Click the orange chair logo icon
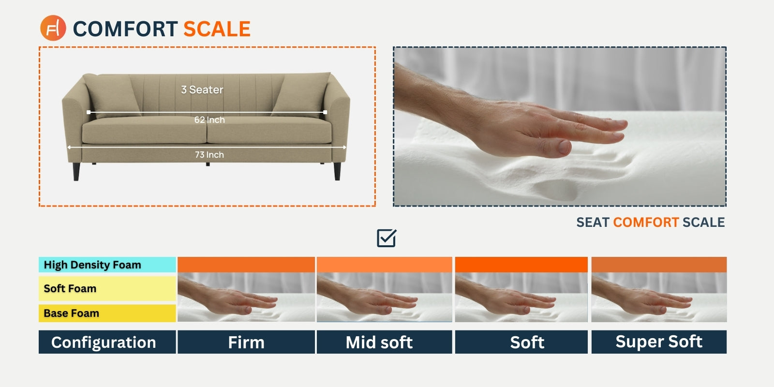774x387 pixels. pyautogui.click(x=53, y=28)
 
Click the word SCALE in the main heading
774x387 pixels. pyautogui.click(x=217, y=29)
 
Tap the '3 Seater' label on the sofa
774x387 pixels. pyautogui.click(x=202, y=90)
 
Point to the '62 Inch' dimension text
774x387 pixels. pyautogui.click(x=209, y=119)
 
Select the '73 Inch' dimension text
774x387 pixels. pyautogui.click(x=209, y=154)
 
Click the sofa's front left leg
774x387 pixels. pyautogui.click(x=76, y=171)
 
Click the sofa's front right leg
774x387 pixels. pyautogui.click(x=337, y=171)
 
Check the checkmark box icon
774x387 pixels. pyautogui.click(x=387, y=238)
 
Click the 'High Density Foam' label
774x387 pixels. pyautogui.click(x=92, y=265)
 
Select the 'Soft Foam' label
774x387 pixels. pyautogui.click(x=70, y=288)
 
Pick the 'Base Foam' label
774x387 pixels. pyautogui.click(x=71, y=313)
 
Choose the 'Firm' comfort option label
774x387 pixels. pyautogui.click(x=246, y=342)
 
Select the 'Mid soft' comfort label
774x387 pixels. pyautogui.click(x=379, y=342)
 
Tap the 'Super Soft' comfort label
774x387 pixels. pyautogui.click(x=658, y=342)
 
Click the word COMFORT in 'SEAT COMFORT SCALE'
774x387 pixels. pyautogui.click(x=646, y=222)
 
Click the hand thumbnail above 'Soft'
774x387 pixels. pyautogui.click(x=521, y=297)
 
